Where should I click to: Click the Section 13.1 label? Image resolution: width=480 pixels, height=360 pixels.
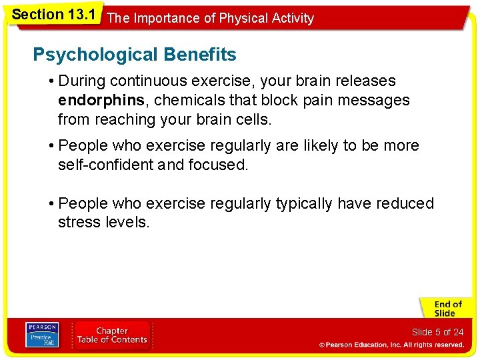coord(52,13)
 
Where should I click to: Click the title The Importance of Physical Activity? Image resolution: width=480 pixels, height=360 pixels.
coord(210,18)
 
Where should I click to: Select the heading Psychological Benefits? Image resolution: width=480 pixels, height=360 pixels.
coord(134,54)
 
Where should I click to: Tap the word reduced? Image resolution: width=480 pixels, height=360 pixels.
coord(405,203)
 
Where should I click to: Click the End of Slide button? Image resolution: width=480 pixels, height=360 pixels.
coord(445,309)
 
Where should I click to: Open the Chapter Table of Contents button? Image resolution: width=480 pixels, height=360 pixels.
coord(112,335)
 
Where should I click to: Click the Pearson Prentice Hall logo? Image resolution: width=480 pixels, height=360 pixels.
coord(42,335)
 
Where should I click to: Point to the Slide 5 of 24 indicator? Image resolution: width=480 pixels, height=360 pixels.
coord(437,332)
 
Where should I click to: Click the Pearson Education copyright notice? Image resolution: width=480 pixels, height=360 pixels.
coord(391,345)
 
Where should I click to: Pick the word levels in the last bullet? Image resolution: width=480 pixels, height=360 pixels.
coord(127,222)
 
